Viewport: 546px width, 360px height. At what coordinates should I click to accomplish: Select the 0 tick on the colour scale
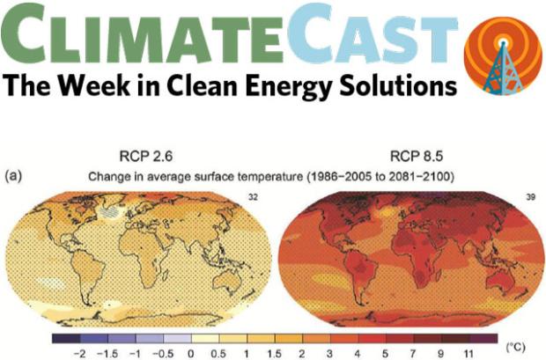191,351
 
